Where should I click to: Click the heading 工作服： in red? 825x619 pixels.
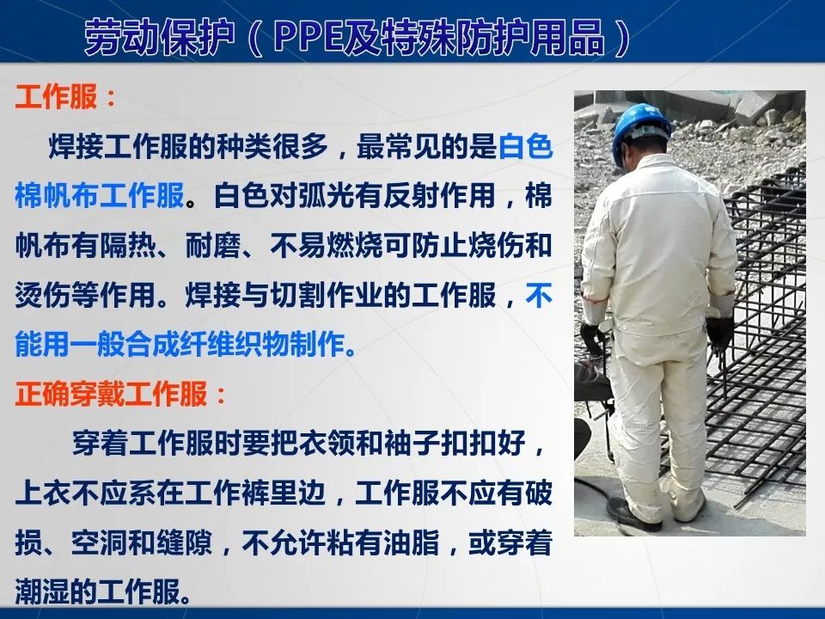point(65,97)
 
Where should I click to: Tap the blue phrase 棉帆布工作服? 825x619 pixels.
point(100,197)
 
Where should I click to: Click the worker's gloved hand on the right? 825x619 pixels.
point(719,333)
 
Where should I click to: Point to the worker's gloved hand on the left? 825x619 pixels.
point(591,337)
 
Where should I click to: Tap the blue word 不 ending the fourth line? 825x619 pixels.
point(538,297)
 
